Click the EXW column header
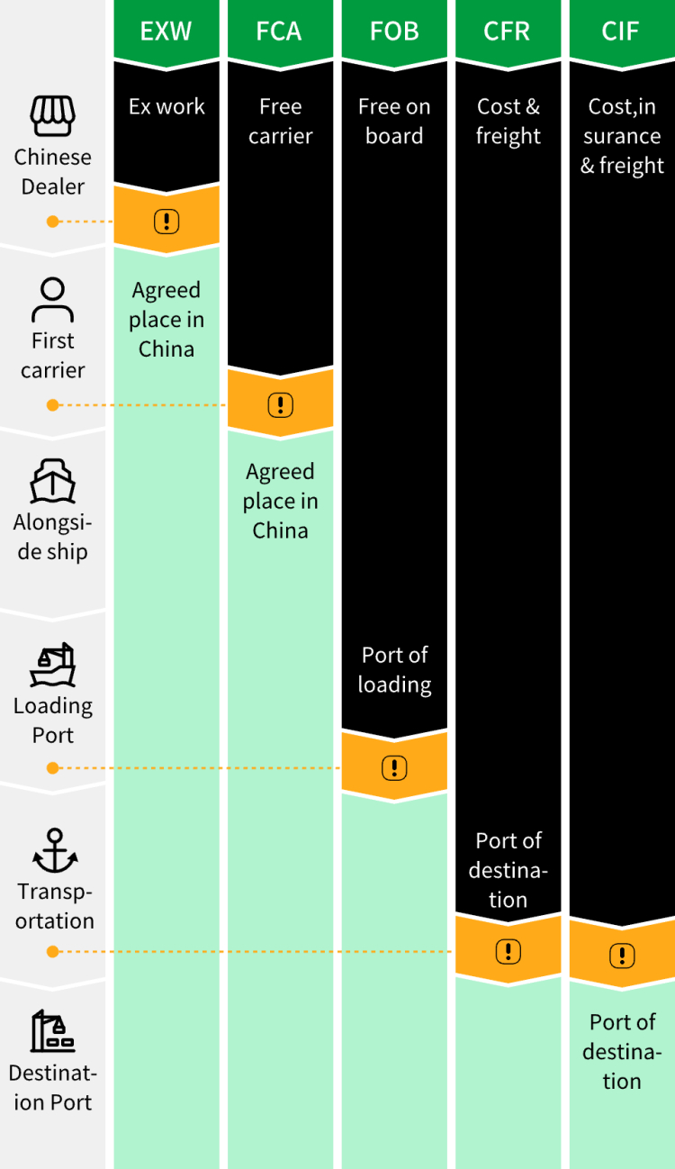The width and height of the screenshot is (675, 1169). (166, 31)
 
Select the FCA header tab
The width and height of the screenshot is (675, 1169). (280, 31)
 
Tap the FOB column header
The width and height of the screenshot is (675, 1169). (394, 31)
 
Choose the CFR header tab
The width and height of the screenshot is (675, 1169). (508, 31)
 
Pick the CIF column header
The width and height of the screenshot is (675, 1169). (621, 31)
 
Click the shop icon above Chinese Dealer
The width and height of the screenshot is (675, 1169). (52, 116)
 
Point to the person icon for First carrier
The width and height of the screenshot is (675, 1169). (52, 300)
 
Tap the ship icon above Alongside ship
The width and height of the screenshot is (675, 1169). (52, 481)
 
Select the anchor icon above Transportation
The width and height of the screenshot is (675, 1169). (54, 850)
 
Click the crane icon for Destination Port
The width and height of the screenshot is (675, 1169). (52, 1031)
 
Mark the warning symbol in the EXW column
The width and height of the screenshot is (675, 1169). (166, 220)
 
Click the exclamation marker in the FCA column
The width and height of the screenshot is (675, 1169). (281, 405)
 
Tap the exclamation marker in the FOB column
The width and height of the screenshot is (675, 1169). (394, 767)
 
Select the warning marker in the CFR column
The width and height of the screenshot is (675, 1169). (508, 951)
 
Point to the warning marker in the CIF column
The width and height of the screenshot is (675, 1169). (622, 955)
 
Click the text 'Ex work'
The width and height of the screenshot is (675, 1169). (166, 106)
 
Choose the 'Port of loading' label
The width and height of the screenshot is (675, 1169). (394, 669)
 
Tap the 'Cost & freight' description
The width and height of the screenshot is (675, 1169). (508, 121)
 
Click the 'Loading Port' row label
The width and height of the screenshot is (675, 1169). (52, 720)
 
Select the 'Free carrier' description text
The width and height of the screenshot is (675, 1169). (280, 121)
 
